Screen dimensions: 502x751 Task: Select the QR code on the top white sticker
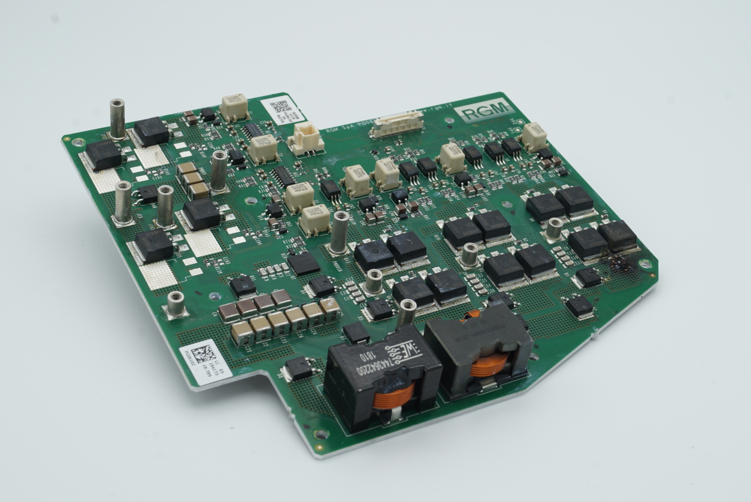point(279,106)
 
